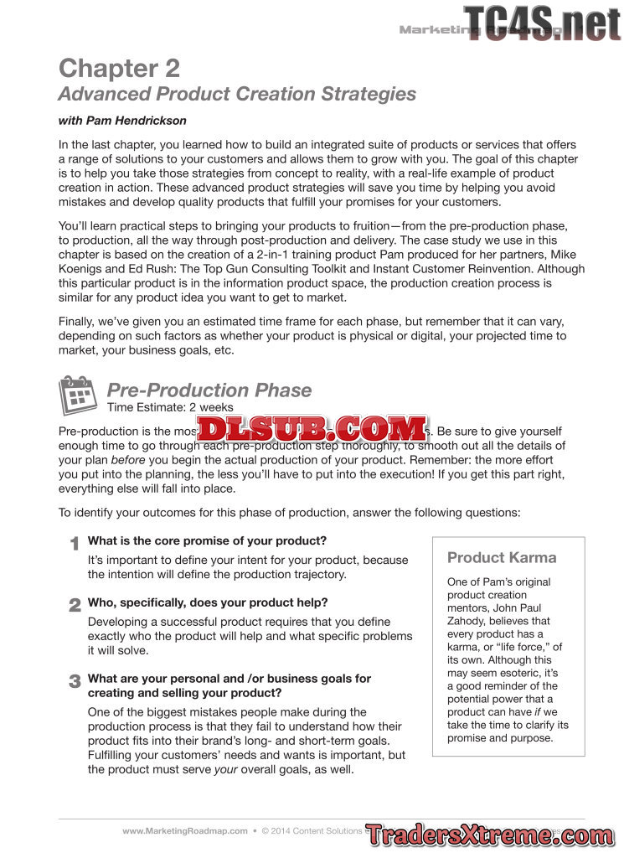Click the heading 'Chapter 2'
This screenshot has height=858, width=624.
click(119, 68)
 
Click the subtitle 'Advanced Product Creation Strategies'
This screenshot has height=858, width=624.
click(237, 94)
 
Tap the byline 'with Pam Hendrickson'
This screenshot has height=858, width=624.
click(122, 121)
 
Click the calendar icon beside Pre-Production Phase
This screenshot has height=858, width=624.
click(80, 395)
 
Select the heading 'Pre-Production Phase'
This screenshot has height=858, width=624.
click(209, 390)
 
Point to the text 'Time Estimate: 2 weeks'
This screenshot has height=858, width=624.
click(170, 408)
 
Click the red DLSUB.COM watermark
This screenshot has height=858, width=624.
click(312, 430)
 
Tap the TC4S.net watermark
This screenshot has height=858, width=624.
click(542, 23)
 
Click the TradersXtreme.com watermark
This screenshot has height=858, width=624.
click(489, 835)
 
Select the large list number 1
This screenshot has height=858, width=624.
click(74, 545)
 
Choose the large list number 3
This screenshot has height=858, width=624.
click(75, 682)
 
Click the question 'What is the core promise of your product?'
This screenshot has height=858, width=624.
click(207, 541)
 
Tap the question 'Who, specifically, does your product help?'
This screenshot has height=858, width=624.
click(208, 602)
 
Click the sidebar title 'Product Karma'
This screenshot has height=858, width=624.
click(502, 558)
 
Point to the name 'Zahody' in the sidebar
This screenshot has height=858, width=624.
click(467, 621)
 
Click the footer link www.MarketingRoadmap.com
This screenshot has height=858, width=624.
click(185, 831)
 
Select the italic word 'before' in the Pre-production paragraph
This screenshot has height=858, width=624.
click(127, 461)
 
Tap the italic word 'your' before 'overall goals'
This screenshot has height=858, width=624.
click(226, 770)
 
